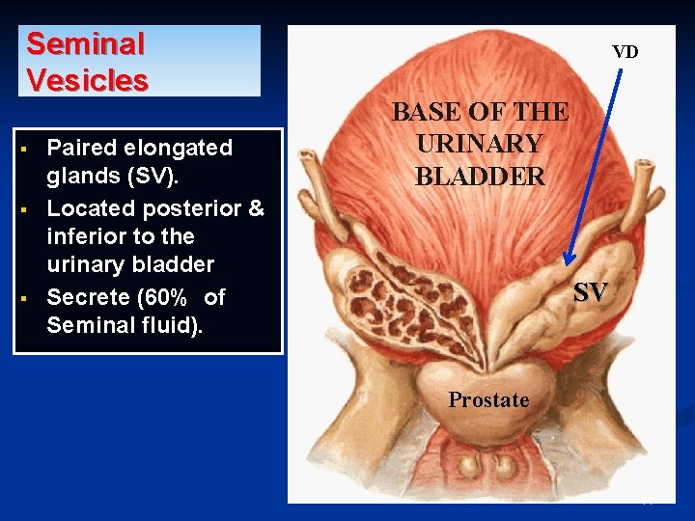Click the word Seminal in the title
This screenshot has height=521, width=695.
tap(85, 43)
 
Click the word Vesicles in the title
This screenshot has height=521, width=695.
tap(87, 79)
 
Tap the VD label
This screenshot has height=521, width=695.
tap(625, 52)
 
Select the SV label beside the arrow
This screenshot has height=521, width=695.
tap(591, 292)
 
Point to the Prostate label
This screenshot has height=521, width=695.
tap(488, 399)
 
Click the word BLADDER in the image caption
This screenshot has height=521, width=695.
tap(480, 177)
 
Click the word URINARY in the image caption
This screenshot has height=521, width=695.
tap(480, 144)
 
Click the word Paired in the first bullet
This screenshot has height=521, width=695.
tap(80, 148)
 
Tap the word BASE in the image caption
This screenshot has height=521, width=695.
tap(426, 111)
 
